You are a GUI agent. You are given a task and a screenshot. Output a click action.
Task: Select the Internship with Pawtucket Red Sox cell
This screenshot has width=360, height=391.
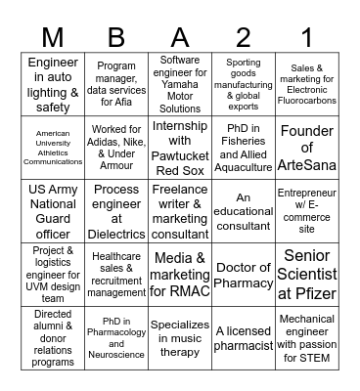(x=180, y=147)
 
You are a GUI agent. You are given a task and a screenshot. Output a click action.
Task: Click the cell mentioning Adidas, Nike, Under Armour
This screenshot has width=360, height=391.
(x=116, y=147)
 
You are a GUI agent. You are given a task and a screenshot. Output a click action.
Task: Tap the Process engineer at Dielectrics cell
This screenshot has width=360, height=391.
(x=116, y=210)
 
